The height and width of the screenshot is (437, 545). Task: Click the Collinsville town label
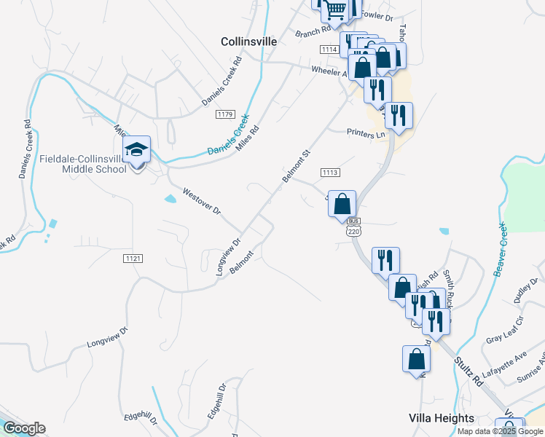pos(248,42)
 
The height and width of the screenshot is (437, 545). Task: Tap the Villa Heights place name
pos(441,418)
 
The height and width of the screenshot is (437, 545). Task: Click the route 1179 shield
pos(224,114)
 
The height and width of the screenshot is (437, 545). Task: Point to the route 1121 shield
pos(133,259)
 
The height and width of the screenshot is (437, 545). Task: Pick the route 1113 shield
pos(329,172)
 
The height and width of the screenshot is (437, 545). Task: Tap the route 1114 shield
pos(329,49)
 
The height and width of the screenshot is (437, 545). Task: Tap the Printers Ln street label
pos(366,135)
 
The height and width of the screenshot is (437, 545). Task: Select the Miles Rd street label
pos(248,134)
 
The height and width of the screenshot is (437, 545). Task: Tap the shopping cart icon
pos(335,9)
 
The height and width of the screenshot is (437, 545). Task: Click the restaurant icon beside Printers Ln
pos(399,115)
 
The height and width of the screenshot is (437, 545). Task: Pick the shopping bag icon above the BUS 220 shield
pos(342,204)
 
